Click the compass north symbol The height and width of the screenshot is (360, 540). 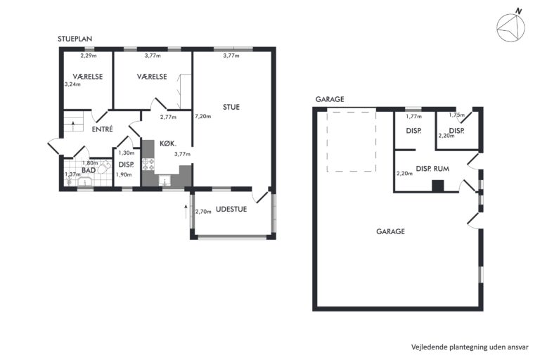(x=510, y=26)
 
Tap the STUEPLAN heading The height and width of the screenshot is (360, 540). (x=75, y=39)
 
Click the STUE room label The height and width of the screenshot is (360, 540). (x=231, y=107)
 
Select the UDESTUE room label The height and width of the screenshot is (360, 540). (x=231, y=209)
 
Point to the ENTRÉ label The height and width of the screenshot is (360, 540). (x=102, y=129)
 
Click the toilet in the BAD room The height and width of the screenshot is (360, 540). (x=105, y=167)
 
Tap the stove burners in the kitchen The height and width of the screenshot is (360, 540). (x=148, y=164)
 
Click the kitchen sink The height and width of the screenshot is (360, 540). (x=165, y=181)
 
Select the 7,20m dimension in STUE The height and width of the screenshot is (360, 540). (x=202, y=116)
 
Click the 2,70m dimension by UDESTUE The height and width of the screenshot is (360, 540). (x=203, y=212)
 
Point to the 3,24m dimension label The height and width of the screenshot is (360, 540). (x=72, y=84)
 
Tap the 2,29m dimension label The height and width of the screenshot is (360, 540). (x=89, y=55)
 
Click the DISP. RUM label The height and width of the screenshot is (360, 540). (x=432, y=169)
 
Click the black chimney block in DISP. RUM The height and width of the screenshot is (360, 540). (x=438, y=186)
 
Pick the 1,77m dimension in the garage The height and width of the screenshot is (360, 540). (x=413, y=117)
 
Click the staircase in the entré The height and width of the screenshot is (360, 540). (x=74, y=123)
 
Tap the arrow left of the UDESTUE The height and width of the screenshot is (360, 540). (x=186, y=212)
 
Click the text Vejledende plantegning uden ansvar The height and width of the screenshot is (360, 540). (x=470, y=347)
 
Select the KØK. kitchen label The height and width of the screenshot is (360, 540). (x=168, y=143)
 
